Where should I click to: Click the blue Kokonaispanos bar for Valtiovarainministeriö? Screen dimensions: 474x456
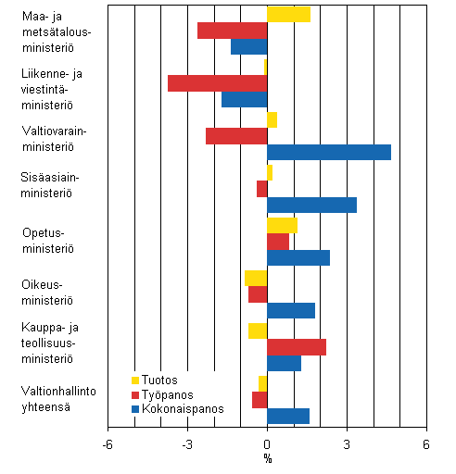click(x=329, y=153)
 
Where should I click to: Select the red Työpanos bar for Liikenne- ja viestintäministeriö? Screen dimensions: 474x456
click(x=217, y=83)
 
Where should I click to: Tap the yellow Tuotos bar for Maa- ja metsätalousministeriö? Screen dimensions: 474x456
click(x=288, y=14)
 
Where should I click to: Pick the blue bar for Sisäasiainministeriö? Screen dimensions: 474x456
click(x=311, y=206)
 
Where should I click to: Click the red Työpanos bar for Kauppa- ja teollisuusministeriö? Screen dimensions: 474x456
click(x=297, y=347)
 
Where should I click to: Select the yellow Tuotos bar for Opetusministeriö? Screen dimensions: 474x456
click(x=282, y=225)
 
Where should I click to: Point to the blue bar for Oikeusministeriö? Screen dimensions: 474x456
click(x=291, y=311)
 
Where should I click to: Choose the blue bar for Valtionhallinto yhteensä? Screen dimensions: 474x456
click(x=288, y=417)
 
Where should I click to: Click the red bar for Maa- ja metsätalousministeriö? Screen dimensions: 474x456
click(x=232, y=31)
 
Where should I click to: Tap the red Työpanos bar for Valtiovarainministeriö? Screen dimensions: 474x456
click(x=236, y=136)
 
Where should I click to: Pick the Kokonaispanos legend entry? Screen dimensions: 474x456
click(x=176, y=407)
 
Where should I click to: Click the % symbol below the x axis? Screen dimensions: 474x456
click(x=267, y=458)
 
